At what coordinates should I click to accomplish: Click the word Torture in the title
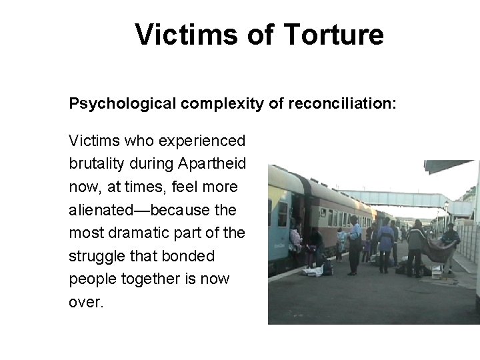pos(335,35)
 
